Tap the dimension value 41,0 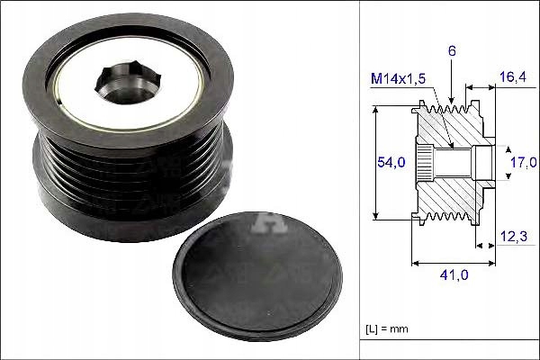click(452, 277)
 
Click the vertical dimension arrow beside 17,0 click(500, 162)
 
